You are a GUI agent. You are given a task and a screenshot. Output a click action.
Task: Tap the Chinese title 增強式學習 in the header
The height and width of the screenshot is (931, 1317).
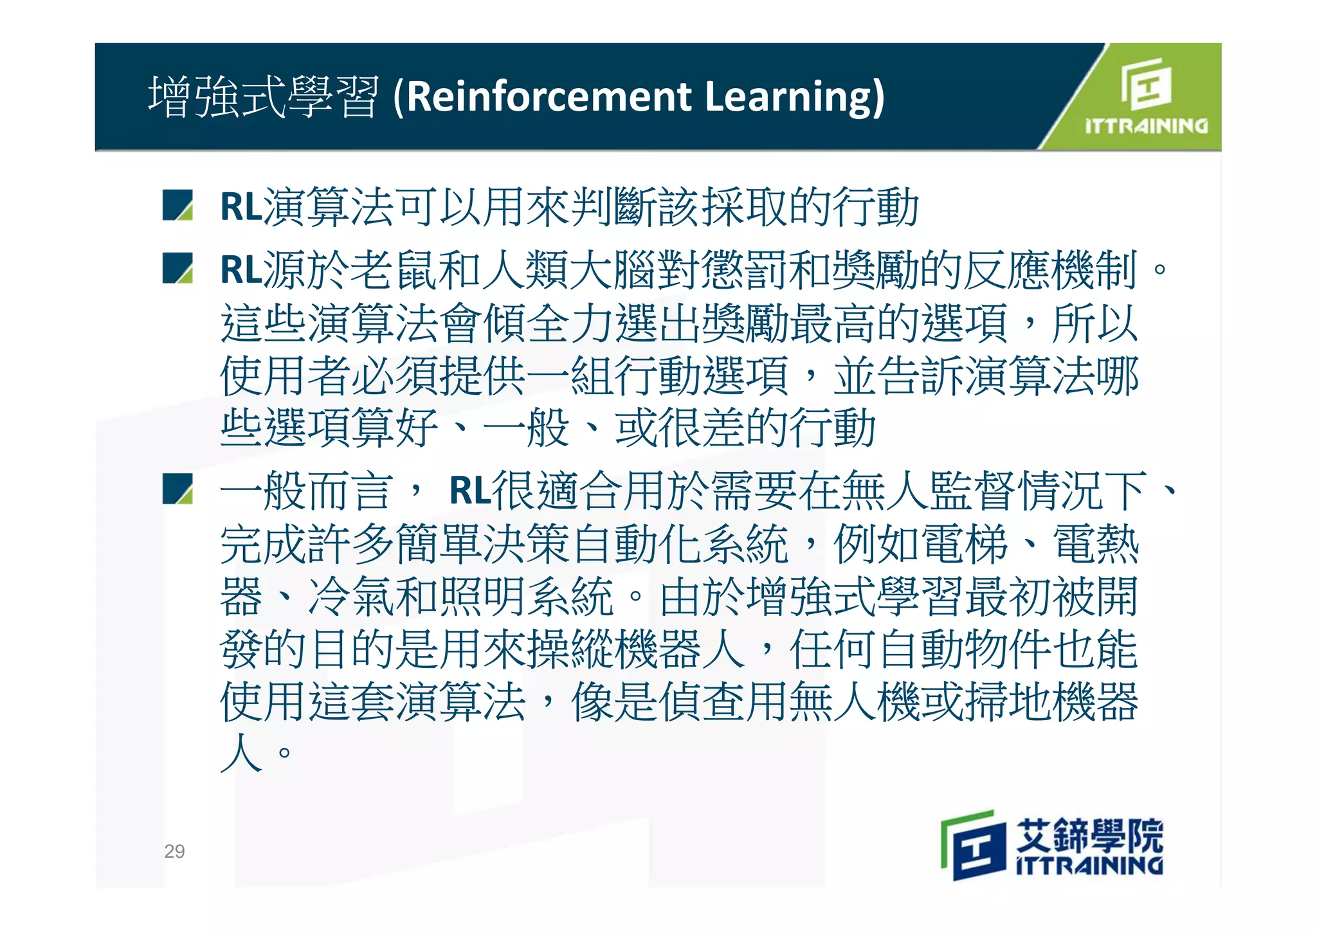[264, 96]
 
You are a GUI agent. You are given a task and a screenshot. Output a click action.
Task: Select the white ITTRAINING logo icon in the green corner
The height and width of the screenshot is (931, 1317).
[1147, 84]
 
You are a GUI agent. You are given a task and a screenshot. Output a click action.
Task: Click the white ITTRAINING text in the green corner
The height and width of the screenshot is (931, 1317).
[1146, 125]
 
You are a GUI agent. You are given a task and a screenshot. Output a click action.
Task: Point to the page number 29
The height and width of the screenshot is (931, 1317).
[174, 851]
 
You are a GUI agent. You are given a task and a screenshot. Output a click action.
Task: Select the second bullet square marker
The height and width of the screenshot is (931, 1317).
[178, 268]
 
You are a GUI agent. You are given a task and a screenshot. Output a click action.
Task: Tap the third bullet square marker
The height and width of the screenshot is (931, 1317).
[178, 489]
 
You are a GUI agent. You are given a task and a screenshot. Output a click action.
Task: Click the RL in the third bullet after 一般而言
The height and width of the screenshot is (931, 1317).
[470, 491]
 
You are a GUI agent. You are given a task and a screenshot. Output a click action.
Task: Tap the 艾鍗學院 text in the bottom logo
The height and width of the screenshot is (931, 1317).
[1089, 835]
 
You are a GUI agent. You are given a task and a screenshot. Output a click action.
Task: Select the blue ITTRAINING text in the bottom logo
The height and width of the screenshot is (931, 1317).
[1089, 865]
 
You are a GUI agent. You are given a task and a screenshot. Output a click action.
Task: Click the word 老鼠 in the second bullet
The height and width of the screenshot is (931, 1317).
[395, 269]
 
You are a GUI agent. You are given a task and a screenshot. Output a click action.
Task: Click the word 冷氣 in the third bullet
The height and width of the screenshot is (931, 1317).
[351, 597]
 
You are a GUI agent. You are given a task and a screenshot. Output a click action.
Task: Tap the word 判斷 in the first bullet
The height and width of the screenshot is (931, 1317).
[613, 207]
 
